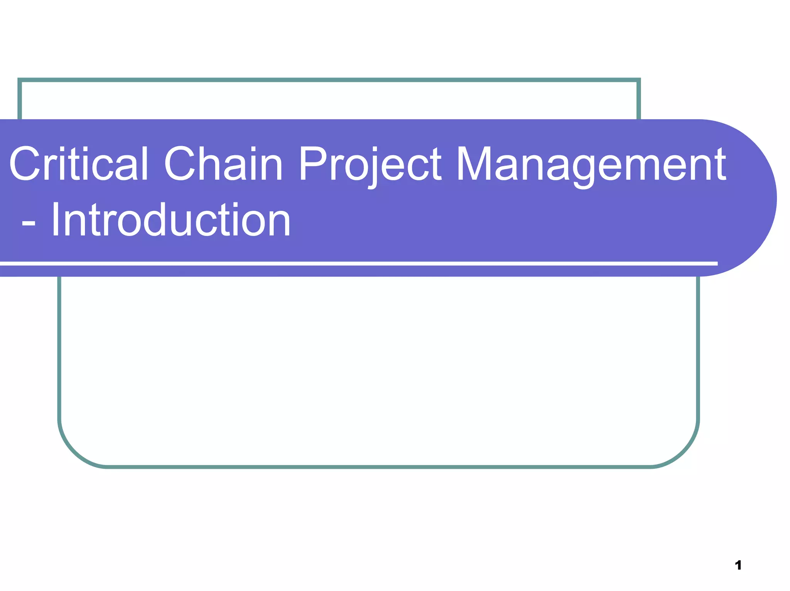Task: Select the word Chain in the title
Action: click(x=223, y=163)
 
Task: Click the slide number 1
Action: click(x=738, y=565)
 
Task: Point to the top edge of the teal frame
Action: click(x=328, y=80)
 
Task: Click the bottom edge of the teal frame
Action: click(x=378, y=467)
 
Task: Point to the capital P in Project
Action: click(x=311, y=163)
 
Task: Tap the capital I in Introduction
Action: click(x=55, y=220)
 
